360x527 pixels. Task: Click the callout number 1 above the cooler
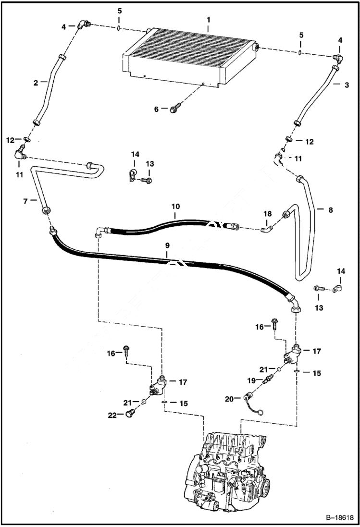click(x=208, y=21)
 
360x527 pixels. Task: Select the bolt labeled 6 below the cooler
click(x=174, y=109)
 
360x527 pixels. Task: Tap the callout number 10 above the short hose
click(x=176, y=206)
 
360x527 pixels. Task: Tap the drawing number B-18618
click(x=339, y=517)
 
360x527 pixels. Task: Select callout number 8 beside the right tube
click(x=330, y=209)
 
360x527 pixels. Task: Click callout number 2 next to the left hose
click(x=36, y=83)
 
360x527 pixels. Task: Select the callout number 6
click(x=156, y=109)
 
